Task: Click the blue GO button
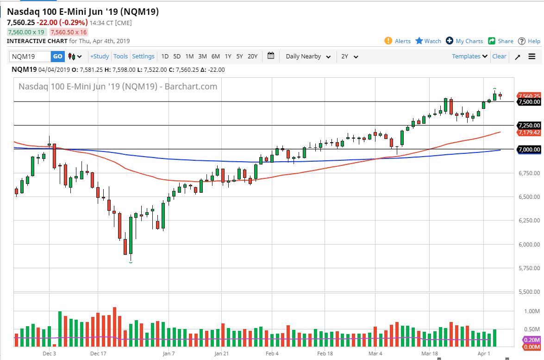(57, 57)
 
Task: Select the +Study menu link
(100, 57)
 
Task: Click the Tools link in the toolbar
(120, 57)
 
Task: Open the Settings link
(143, 57)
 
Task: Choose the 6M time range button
(215, 57)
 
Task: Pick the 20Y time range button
(252, 57)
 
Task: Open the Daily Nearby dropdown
(308, 57)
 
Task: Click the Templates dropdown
(470, 57)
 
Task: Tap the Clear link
(499, 57)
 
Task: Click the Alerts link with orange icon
(398, 41)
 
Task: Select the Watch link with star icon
(428, 41)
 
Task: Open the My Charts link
(464, 41)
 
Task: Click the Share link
(501, 41)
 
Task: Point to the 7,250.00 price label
(529, 126)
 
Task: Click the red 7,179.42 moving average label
(529, 133)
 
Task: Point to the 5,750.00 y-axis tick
(529, 268)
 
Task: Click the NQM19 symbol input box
(30, 57)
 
